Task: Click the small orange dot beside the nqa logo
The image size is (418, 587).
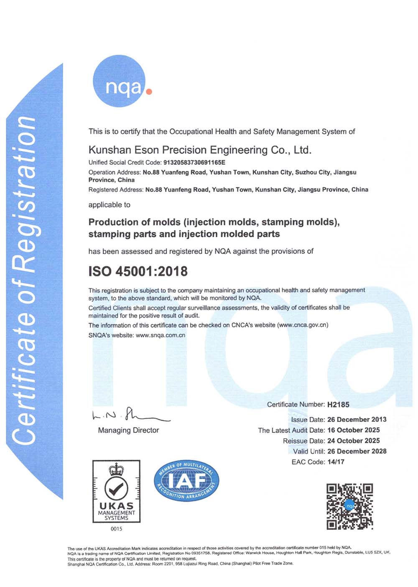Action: tap(149, 91)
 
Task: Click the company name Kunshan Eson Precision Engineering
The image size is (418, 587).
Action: tap(200, 150)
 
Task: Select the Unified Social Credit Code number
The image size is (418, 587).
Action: tap(194, 162)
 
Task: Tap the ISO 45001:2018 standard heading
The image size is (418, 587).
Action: tap(138, 271)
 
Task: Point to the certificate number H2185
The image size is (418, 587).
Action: tap(338, 404)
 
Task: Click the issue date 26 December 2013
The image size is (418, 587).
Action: tap(357, 419)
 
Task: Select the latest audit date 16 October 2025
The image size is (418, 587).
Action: tap(353, 430)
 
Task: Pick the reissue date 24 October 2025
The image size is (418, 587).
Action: tap(353, 441)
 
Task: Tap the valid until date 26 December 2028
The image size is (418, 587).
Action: tap(357, 451)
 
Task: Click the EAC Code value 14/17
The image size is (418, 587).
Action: tap(336, 462)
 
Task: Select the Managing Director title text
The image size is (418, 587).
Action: tap(128, 430)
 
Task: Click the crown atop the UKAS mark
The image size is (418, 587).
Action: tap(116, 469)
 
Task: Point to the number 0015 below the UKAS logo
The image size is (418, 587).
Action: tap(116, 529)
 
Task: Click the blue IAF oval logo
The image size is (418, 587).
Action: tap(186, 481)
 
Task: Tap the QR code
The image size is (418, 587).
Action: tap(349, 506)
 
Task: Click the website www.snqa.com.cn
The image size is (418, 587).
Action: tap(160, 335)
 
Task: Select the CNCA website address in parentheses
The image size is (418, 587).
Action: tap(303, 325)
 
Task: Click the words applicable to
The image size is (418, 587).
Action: tap(109, 205)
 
